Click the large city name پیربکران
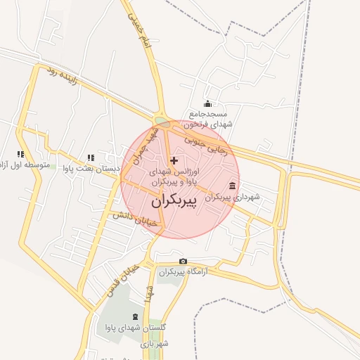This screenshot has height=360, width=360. [181, 201]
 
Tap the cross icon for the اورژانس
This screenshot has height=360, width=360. [174, 161]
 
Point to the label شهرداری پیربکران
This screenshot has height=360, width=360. [232, 197]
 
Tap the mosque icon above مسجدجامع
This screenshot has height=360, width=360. [207, 104]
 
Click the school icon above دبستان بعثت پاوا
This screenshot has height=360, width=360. [90, 157]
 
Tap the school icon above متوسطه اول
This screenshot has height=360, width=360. [21, 154]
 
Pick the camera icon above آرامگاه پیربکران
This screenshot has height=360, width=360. [183, 262]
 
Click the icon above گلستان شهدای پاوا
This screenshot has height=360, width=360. [135, 317]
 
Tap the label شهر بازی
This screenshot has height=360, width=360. [155, 344]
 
